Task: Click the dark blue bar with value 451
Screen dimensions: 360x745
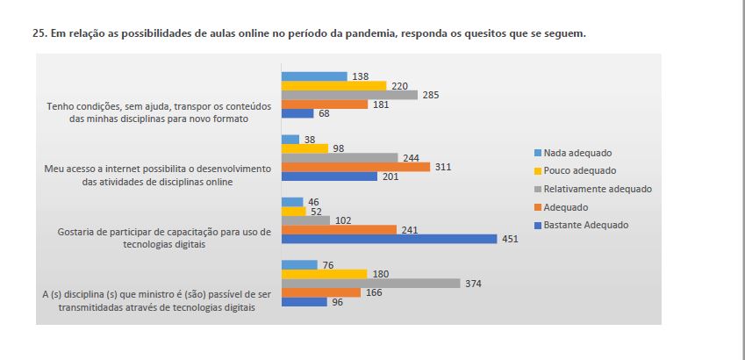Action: [x=390, y=239]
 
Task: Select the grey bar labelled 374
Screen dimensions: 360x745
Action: [x=370, y=283]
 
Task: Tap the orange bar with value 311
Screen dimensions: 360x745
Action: [x=355, y=167]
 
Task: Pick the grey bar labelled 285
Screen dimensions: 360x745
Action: [x=349, y=95]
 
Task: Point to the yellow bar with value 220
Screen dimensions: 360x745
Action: [x=333, y=85]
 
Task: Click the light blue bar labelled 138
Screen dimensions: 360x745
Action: [x=314, y=76]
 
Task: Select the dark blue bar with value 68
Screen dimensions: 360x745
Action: [x=297, y=113]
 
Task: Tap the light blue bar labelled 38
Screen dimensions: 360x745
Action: [x=290, y=139]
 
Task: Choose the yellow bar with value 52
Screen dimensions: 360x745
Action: [x=293, y=211]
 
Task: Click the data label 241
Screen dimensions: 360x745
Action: [x=408, y=229]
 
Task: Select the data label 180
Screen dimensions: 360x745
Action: [x=380, y=274]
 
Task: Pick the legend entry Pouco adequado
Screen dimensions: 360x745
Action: [x=579, y=170]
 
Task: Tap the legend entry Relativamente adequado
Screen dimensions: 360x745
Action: [x=597, y=189]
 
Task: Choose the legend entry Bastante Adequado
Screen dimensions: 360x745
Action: [x=586, y=225]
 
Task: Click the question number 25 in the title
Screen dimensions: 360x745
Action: [x=36, y=33]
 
